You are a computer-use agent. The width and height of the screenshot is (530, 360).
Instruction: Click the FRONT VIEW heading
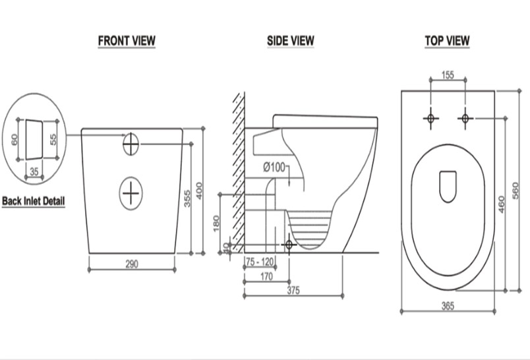click(127, 41)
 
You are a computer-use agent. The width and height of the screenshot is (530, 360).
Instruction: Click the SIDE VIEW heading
click(291, 41)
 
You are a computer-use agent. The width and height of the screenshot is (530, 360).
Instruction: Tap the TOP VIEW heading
click(447, 41)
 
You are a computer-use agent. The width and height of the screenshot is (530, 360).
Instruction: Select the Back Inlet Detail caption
click(33, 201)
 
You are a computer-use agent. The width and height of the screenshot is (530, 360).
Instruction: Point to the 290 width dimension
click(132, 264)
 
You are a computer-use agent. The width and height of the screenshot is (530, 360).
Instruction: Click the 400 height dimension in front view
click(199, 191)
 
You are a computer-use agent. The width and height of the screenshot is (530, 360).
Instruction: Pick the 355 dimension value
click(187, 198)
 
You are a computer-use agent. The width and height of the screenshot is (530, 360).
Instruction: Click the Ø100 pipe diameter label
click(274, 167)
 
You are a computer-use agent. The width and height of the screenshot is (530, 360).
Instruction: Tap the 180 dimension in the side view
click(217, 224)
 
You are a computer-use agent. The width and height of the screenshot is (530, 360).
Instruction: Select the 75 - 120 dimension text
click(260, 262)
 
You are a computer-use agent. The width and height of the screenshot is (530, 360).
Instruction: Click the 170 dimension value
click(267, 276)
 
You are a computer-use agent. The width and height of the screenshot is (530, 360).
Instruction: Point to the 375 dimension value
click(293, 290)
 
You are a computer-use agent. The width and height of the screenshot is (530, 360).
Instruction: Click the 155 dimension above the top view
click(448, 75)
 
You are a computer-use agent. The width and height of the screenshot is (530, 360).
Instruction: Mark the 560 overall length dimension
click(515, 191)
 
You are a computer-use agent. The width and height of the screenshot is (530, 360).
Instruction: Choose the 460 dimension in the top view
click(501, 204)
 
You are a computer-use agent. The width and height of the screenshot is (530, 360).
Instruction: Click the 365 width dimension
click(448, 306)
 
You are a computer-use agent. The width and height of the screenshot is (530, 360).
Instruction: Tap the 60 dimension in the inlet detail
click(15, 140)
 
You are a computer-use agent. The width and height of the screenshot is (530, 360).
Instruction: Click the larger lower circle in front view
click(131, 193)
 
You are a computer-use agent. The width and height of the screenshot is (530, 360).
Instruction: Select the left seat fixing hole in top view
click(431, 118)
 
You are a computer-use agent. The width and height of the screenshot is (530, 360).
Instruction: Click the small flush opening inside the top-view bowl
click(448, 187)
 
